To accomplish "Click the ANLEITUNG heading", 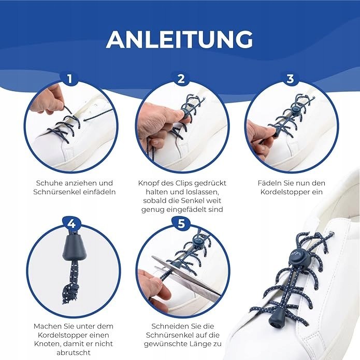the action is (x=180, y=39).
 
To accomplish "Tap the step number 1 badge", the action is (x=70, y=79).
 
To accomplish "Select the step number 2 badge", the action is (x=181, y=79).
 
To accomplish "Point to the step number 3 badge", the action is (x=290, y=79).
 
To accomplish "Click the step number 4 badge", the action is (x=71, y=223).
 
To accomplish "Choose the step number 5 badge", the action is (x=181, y=223).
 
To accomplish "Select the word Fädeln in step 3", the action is (x=268, y=183).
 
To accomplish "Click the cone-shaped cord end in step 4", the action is (x=75, y=249).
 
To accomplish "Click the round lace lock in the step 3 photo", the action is (x=295, y=111).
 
